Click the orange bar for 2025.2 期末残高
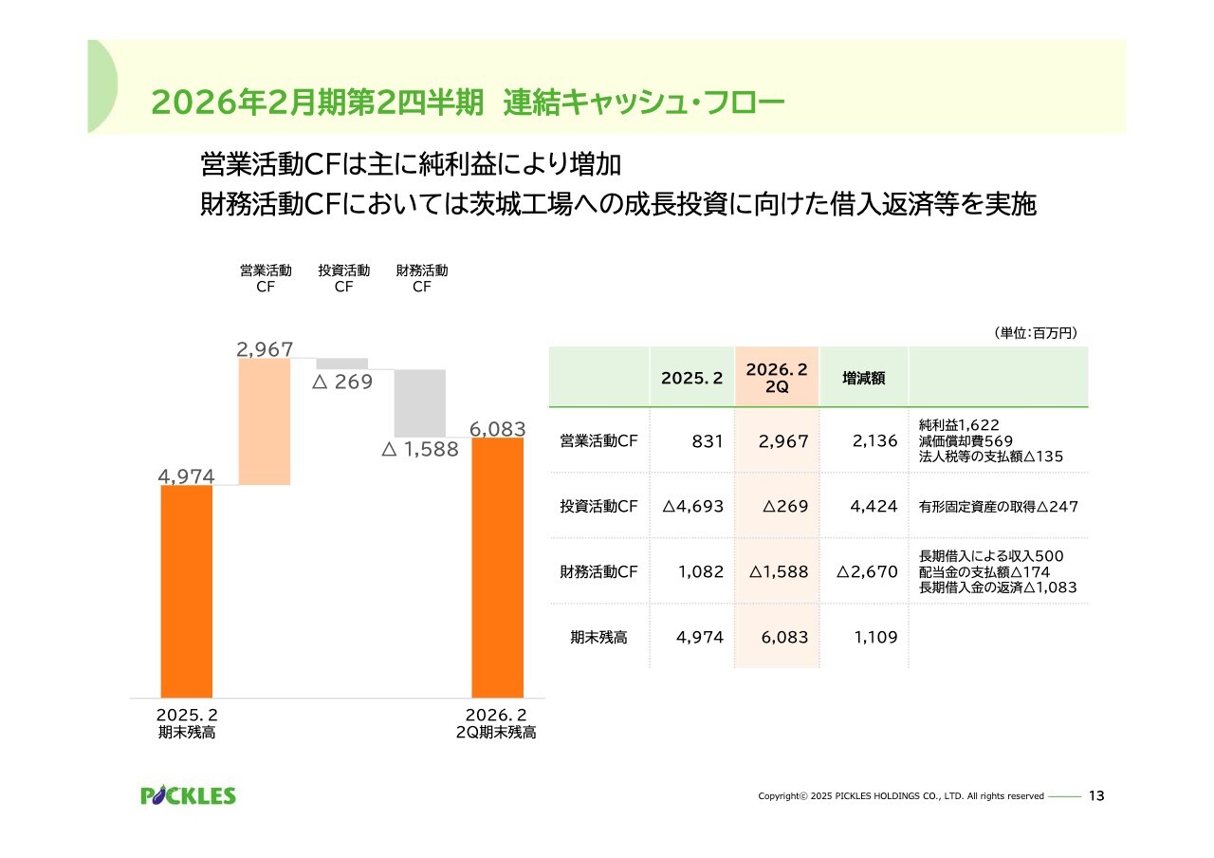[187, 590]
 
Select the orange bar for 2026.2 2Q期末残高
[497, 567]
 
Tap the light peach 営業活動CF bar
[265, 421]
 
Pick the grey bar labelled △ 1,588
[420, 402]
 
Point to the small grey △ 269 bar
[342, 364]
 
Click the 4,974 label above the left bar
[187, 476]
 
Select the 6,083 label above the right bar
[497, 428]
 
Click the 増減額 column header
[863, 378]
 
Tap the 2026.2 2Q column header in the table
[777, 378]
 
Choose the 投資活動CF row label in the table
[598, 507]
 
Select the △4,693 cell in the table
[692, 507]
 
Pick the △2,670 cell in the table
[867, 572]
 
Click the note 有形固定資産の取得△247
[999, 507]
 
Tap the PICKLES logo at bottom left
[188, 795]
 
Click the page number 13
[1096, 795]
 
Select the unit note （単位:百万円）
[1035, 333]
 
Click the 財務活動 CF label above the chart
[422, 279]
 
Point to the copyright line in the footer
[900, 796]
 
